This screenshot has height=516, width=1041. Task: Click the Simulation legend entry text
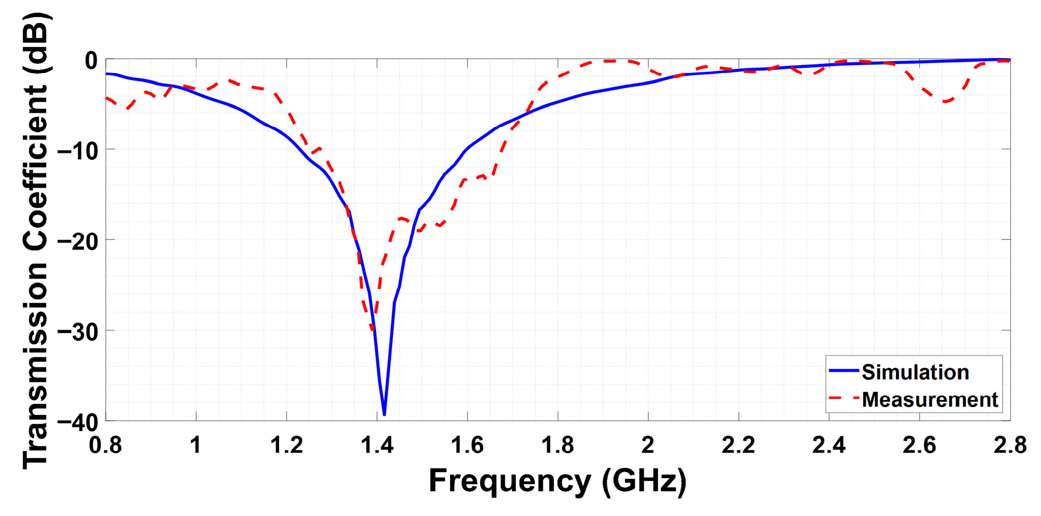(915, 373)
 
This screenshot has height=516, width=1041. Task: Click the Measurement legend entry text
(929, 400)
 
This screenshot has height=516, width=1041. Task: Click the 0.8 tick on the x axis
(105, 445)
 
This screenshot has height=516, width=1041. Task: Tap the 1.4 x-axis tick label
(377, 445)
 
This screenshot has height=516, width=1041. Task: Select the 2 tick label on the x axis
(648, 445)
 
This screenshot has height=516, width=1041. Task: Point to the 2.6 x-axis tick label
(919, 445)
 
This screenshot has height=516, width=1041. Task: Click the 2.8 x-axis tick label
(1009, 445)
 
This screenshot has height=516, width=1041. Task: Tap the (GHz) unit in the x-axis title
(644, 481)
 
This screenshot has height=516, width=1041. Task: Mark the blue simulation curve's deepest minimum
(384, 414)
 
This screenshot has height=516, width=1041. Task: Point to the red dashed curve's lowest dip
(373, 331)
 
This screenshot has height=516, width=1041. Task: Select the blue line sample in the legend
(843, 371)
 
